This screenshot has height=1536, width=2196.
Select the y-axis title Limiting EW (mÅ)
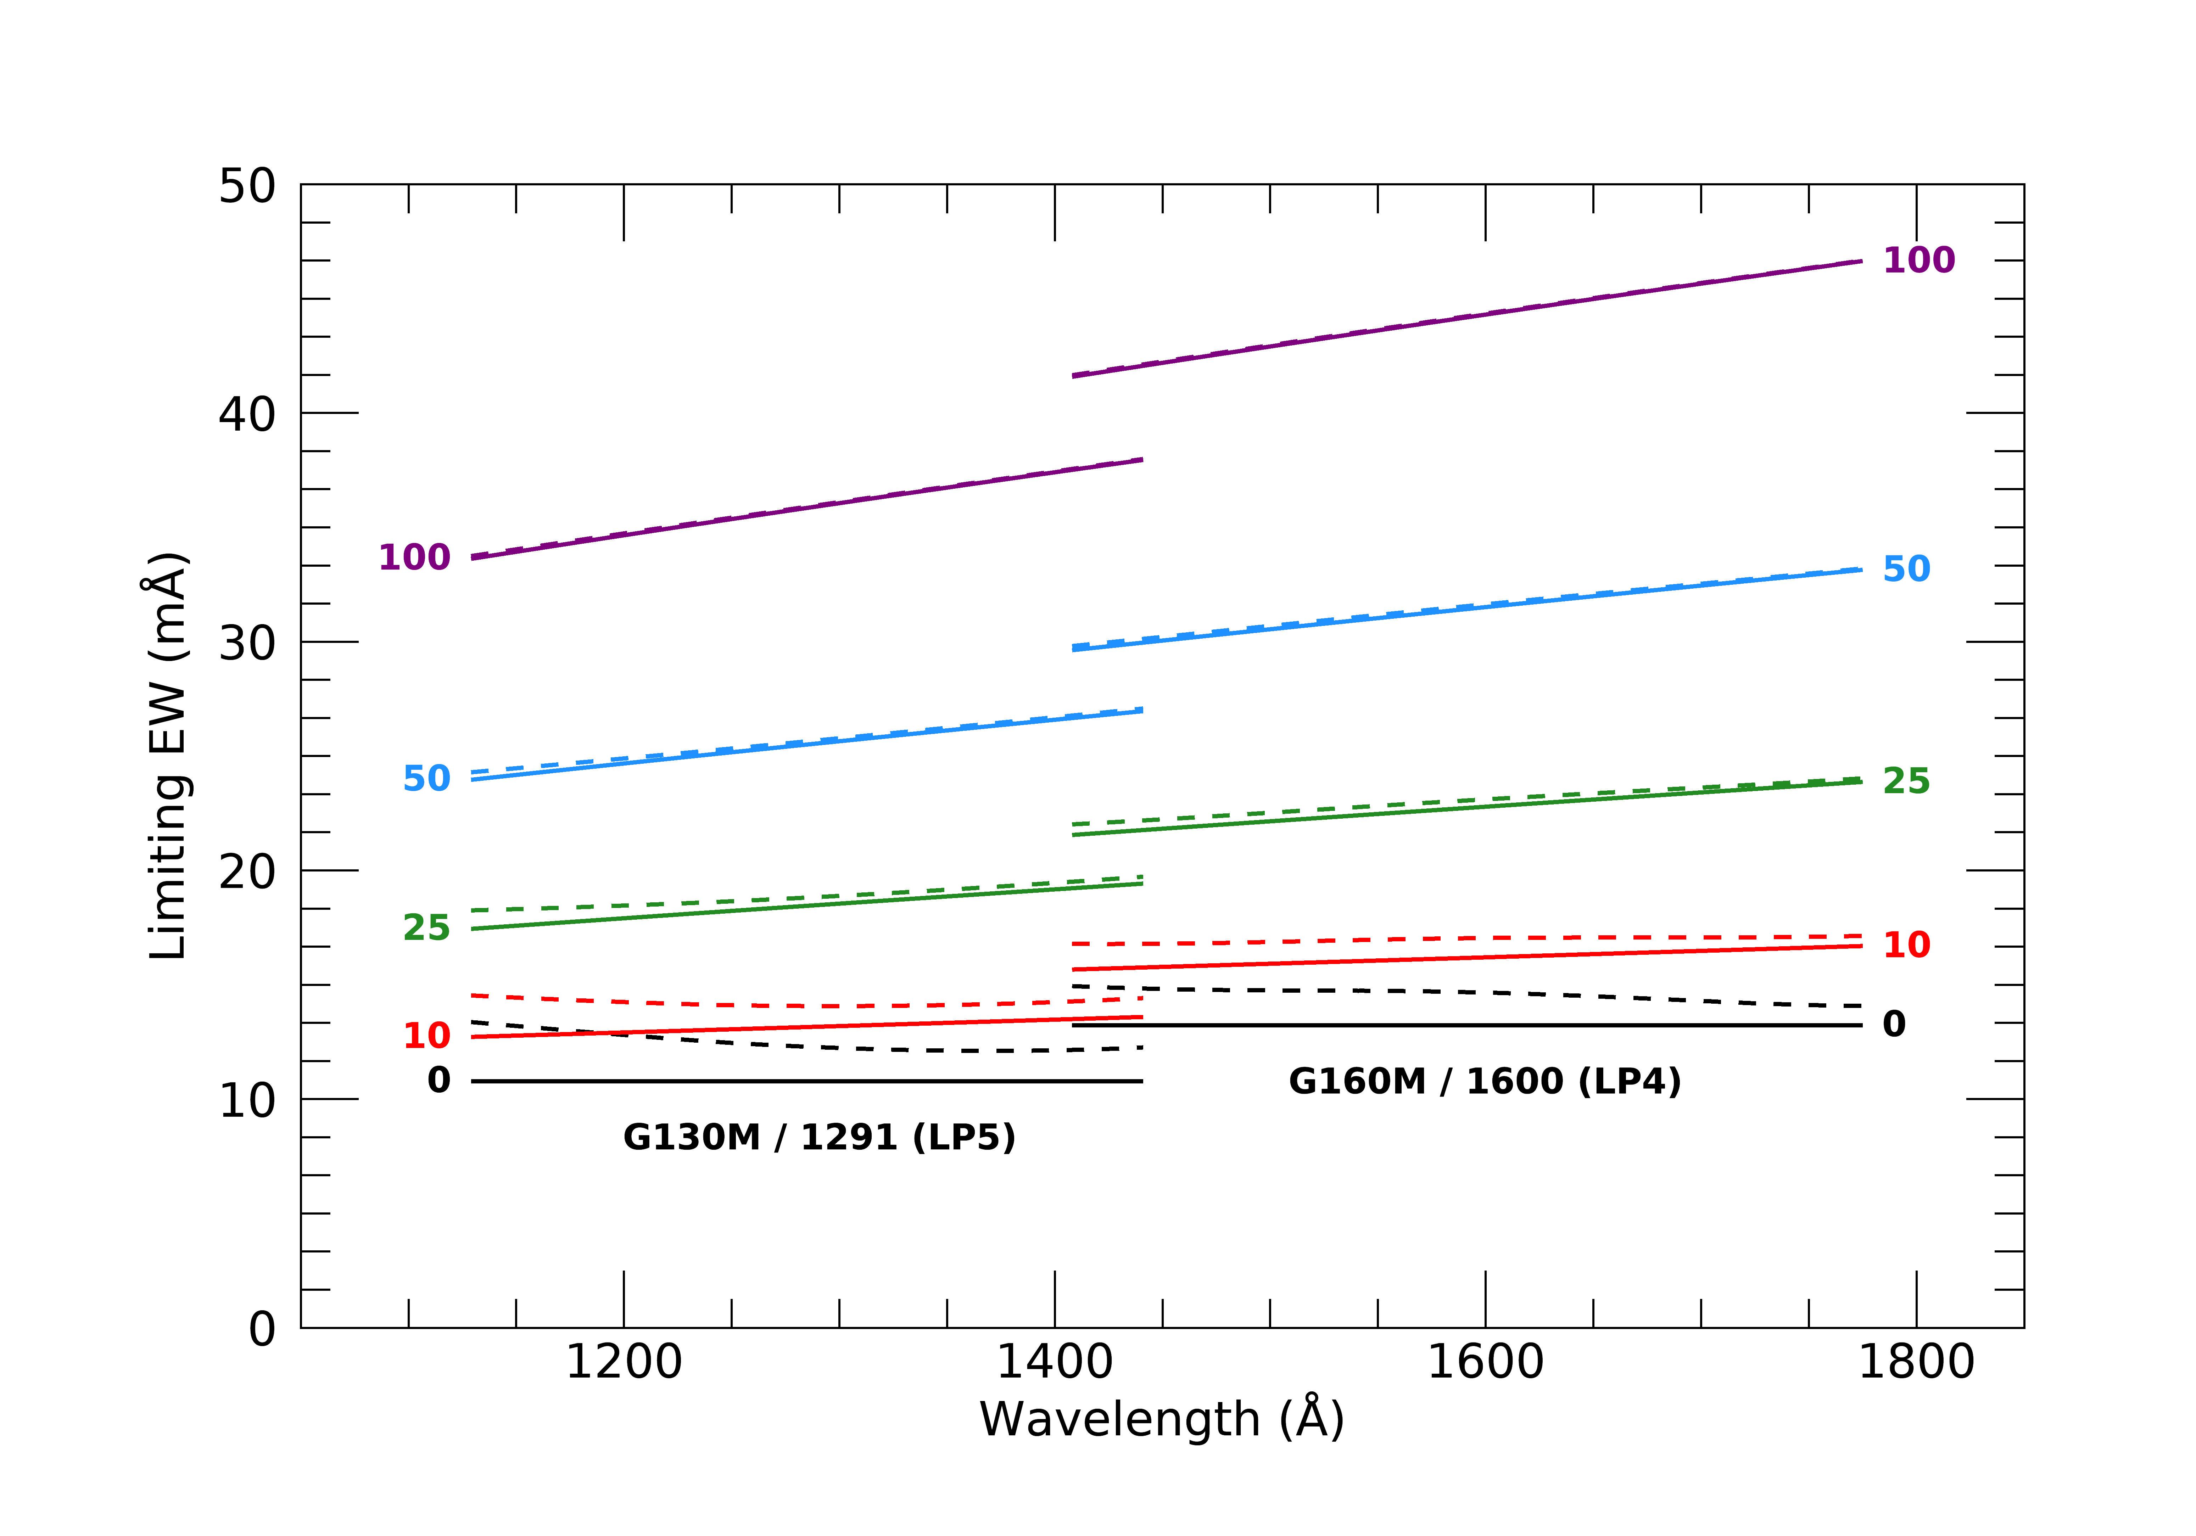[168, 756]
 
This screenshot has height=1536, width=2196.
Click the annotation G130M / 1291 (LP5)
[819, 1137]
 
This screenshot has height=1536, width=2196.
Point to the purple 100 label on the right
[1919, 260]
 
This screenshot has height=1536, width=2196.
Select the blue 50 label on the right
[1906, 569]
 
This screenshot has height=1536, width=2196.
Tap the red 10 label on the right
[1906, 945]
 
